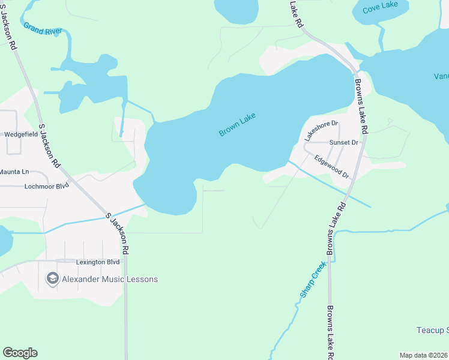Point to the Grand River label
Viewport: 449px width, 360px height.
pyautogui.click(x=43, y=29)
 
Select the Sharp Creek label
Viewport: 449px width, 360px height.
pyautogui.click(x=313, y=280)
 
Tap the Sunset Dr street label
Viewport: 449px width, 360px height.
pyautogui.click(x=344, y=142)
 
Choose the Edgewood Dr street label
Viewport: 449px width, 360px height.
pyautogui.click(x=332, y=166)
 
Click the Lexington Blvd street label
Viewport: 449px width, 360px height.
pyautogui.click(x=98, y=262)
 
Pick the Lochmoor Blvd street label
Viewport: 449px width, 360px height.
pyautogui.click(x=47, y=186)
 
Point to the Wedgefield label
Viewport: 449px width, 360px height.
pyautogui.click(x=21, y=134)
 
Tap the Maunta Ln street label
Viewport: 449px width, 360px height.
pyautogui.click(x=14, y=172)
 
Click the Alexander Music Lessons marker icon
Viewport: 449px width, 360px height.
pyautogui.click(x=52, y=279)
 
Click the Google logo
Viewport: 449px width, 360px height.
pyautogui.click(x=20, y=353)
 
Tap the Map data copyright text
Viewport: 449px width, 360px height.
pyautogui.click(x=423, y=355)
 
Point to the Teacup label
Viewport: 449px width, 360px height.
pyautogui.click(x=432, y=331)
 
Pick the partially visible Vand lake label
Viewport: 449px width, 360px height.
pyautogui.click(x=441, y=76)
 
